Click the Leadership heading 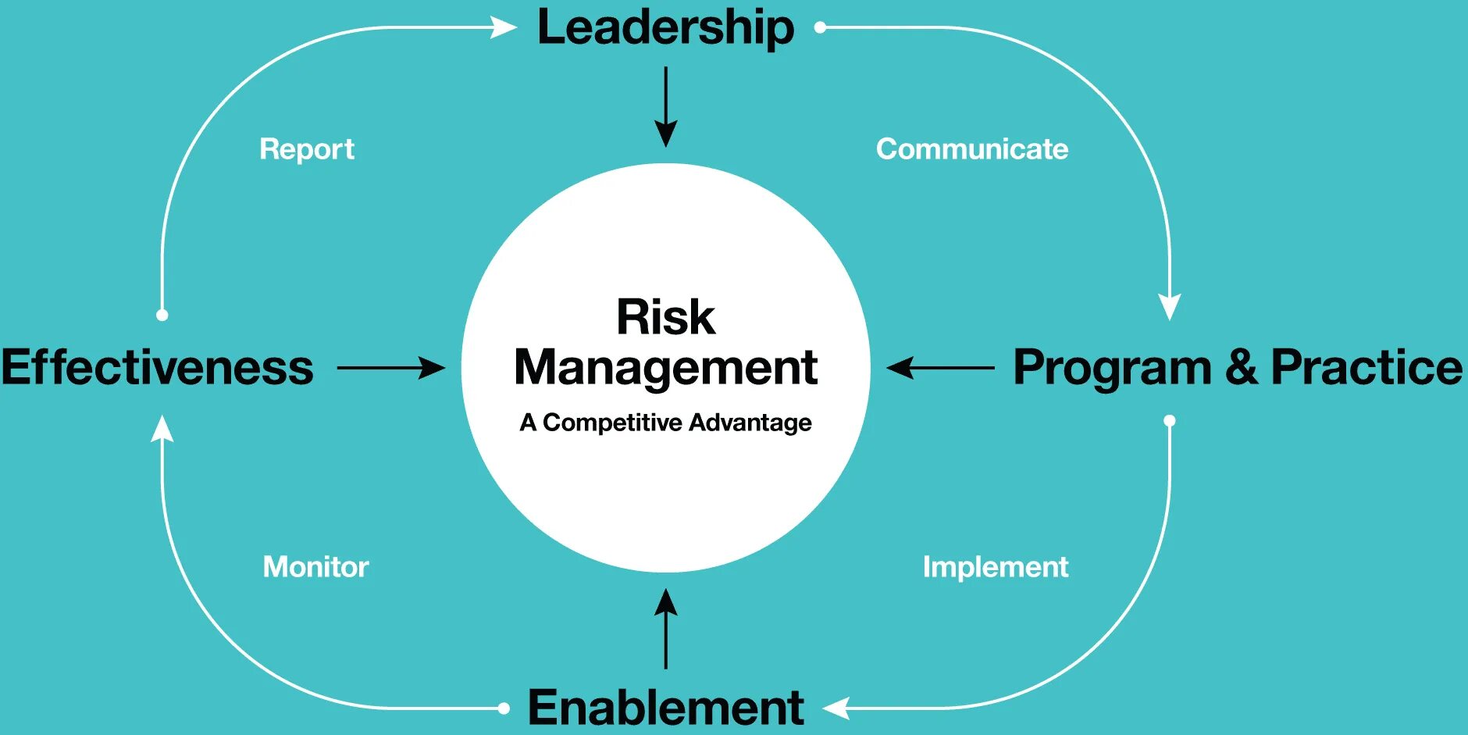(x=665, y=28)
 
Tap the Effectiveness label (x=157, y=367)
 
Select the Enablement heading (x=665, y=708)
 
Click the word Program (x=1112, y=369)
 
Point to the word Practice (x=1366, y=367)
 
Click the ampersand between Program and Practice (x=1242, y=367)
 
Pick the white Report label (x=307, y=149)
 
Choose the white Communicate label (x=972, y=149)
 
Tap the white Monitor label (x=315, y=566)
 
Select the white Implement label (x=996, y=566)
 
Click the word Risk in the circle (x=665, y=317)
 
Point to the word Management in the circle (x=665, y=367)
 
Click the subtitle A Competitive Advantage (x=665, y=423)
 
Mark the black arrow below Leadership (x=665, y=107)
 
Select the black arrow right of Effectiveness (x=390, y=367)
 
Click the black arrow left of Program (x=941, y=367)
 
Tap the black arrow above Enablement (x=665, y=629)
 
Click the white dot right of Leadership (x=820, y=27)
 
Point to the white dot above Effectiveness (x=162, y=315)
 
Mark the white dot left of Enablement (x=504, y=708)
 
